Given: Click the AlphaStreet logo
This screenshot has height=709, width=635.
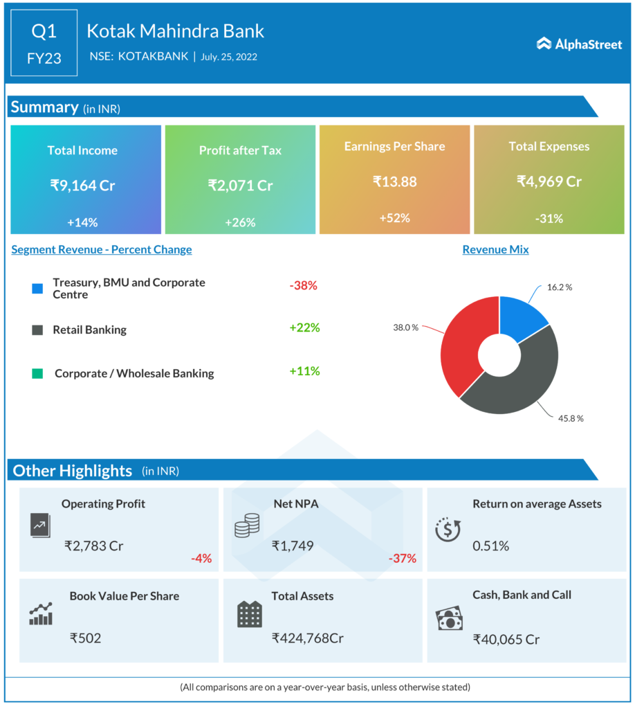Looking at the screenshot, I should pos(579,44).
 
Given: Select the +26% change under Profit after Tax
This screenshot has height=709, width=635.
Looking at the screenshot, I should pos(240,222).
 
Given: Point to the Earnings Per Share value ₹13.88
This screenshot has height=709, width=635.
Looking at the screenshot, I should pos(394,181).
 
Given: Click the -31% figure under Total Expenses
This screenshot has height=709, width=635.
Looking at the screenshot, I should pos(549,219).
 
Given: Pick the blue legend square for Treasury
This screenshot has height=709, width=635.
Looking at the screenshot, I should pos(37,288).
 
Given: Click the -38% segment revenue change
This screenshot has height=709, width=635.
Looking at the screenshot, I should pos(303,285).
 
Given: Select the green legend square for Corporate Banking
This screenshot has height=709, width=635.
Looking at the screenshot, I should pos(37,373).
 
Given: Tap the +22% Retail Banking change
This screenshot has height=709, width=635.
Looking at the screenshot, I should pos(304,327).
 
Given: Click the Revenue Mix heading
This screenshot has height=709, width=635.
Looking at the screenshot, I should pos(495,249).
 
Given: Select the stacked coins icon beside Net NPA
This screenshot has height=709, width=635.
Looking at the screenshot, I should pos(246,526).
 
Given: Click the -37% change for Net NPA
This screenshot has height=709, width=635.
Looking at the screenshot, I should pos(403,558).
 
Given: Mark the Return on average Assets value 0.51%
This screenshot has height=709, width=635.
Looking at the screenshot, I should pos(490,546).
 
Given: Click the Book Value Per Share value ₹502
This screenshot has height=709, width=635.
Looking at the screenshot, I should pos(85,638).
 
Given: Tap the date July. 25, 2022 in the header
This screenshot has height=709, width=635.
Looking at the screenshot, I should pos(229,57).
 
